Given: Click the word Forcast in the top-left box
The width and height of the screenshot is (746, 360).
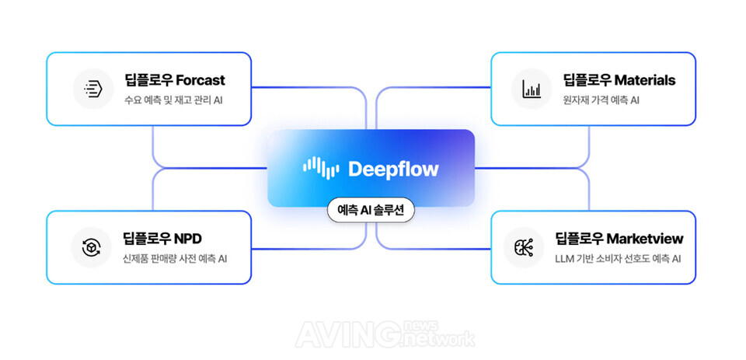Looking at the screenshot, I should (200, 80).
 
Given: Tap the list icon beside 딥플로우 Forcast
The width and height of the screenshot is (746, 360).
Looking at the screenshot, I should (93, 89).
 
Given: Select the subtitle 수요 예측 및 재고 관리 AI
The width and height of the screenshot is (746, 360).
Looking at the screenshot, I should (174, 100).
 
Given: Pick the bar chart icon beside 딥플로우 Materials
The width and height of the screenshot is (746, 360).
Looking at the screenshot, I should (532, 89).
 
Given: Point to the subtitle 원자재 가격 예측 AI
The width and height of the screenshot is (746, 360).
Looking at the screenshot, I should (602, 100).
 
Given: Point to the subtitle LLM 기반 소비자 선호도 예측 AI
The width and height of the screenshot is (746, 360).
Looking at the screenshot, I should (618, 258).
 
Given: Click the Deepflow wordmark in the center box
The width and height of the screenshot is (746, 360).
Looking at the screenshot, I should (393, 169).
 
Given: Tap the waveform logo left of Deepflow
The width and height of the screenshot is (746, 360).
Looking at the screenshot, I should (321, 168).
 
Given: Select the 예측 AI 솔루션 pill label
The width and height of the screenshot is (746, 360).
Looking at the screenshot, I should (371, 210).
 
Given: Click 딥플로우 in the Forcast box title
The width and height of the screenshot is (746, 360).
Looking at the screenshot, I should (148, 80).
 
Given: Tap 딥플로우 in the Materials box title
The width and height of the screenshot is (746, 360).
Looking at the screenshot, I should (587, 80).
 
